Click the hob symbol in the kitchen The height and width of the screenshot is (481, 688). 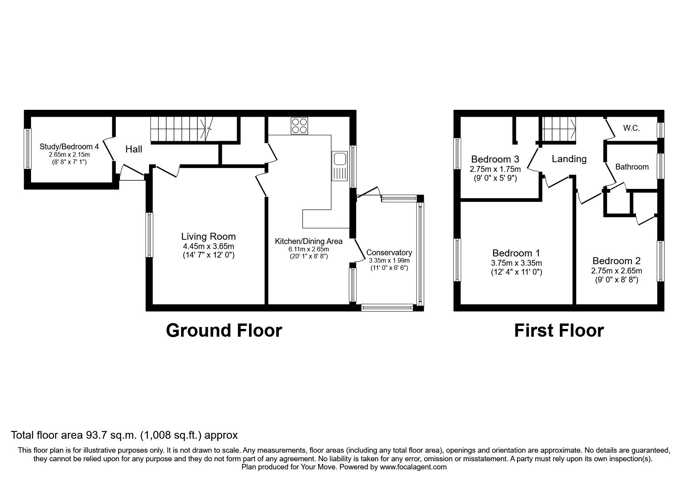click(299, 126)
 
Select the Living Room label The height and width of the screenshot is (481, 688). click(208, 236)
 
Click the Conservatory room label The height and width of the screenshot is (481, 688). click(389, 253)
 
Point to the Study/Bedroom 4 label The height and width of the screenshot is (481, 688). click(69, 147)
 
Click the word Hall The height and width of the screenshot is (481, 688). click(134, 149)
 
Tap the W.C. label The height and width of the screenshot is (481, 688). click(631, 128)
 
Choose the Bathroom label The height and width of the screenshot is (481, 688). click(632, 167)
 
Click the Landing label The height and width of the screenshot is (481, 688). click(569, 159)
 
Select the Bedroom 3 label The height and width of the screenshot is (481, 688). click(495, 159)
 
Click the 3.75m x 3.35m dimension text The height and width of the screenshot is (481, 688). click(516, 263)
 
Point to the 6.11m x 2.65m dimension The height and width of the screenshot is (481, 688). click(308, 249)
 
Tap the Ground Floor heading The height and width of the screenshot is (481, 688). click(224, 330)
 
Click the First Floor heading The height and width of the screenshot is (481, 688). click(559, 330)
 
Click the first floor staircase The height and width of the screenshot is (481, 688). click(559, 129)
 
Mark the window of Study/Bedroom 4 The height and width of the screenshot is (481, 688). click(28, 149)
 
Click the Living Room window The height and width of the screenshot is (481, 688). click(149, 234)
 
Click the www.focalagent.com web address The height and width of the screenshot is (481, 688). click(413, 467)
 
